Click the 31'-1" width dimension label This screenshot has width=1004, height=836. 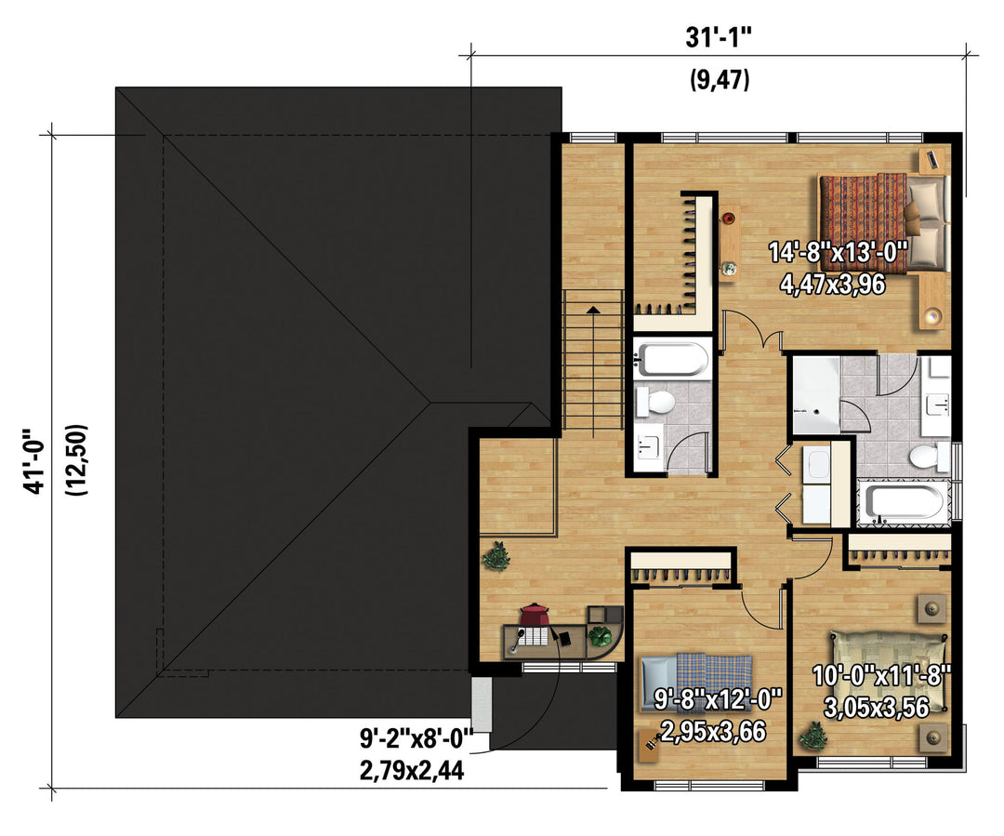tap(719, 38)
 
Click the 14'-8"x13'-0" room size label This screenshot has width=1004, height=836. tap(839, 252)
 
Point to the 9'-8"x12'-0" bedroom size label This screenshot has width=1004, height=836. tap(718, 699)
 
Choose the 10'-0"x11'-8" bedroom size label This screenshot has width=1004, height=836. tap(881, 676)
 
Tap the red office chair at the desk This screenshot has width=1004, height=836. tap(534, 616)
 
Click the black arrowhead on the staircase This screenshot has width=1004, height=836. tap(593, 310)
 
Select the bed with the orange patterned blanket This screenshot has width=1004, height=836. tap(882, 222)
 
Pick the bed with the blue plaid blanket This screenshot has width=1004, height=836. tap(696, 683)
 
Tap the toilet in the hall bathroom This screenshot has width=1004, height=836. tap(655, 403)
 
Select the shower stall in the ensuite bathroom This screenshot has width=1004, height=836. tap(816, 394)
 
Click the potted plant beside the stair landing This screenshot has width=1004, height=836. tap(496, 556)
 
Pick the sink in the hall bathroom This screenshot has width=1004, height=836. tap(649, 445)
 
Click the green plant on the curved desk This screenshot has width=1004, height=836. tap(600, 637)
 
